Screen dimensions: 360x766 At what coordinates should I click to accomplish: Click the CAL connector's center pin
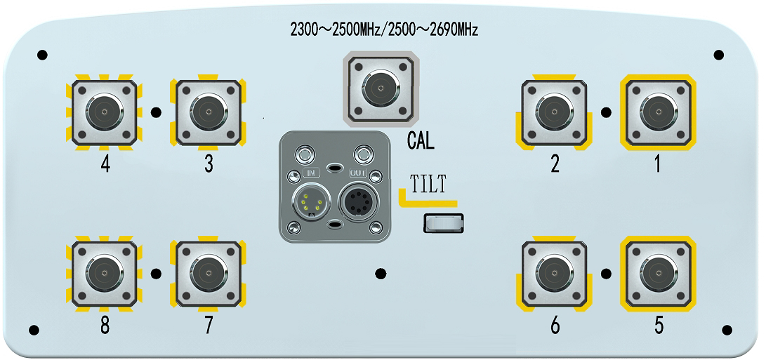click(x=380, y=88)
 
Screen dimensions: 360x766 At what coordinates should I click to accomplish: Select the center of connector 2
click(x=555, y=112)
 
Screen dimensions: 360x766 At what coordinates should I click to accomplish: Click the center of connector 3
click(x=208, y=112)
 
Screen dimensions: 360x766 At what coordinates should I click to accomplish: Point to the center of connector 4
click(x=104, y=112)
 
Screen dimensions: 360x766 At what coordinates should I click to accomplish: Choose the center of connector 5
click(x=658, y=272)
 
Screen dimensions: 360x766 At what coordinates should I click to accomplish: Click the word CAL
click(x=421, y=142)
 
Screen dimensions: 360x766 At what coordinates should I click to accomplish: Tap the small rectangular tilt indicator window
click(x=444, y=223)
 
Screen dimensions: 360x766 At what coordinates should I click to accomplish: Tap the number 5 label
click(x=659, y=326)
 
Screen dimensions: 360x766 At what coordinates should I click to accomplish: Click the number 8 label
click(x=105, y=327)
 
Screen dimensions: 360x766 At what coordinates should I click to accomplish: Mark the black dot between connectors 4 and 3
click(x=156, y=112)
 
